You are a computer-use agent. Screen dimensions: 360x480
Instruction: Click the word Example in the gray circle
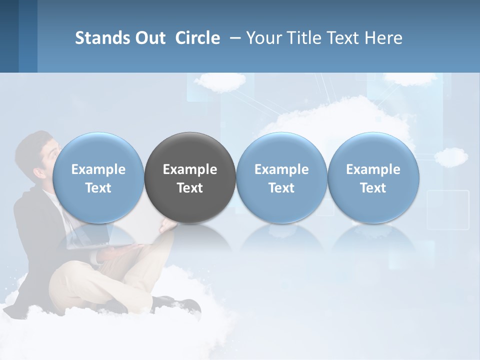[190, 169]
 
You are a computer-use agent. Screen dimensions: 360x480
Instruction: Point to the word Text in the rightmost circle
[373, 188]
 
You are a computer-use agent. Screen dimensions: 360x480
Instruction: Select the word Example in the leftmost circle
[98, 169]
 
